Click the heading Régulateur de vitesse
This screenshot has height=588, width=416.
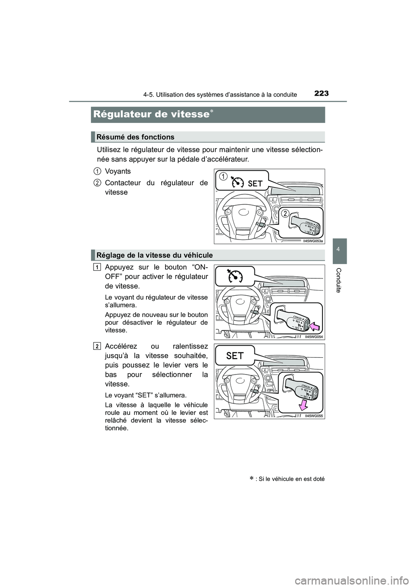pyautogui.click(x=151, y=114)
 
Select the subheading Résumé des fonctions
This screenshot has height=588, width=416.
pyautogui.click(x=136, y=137)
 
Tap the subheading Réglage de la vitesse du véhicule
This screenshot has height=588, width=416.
pyautogui.click(x=155, y=255)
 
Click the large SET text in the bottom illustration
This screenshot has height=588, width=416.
pyautogui.click(x=235, y=355)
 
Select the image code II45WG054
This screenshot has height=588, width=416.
pyautogui.click(x=314, y=336)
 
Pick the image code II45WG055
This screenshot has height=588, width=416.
pyautogui.click(x=314, y=415)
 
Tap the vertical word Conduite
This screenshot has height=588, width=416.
pyautogui.click(x=340, y=280)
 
